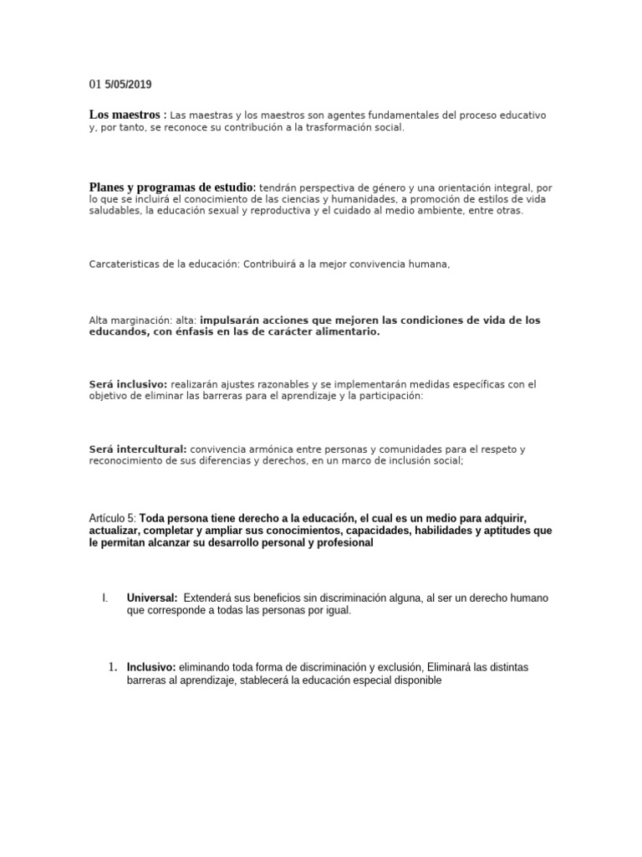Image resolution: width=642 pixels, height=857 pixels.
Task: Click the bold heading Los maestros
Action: point(125,115)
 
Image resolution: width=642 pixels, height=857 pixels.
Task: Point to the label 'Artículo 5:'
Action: point(113,518)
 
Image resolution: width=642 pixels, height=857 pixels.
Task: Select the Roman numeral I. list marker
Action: point(104,598)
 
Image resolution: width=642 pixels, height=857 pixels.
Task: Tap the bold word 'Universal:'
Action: point(151,598)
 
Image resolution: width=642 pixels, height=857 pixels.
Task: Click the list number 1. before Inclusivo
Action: point(113,667)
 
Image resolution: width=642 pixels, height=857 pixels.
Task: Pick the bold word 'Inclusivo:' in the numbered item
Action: point(151,667)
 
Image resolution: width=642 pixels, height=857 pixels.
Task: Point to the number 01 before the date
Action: point(94,85)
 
